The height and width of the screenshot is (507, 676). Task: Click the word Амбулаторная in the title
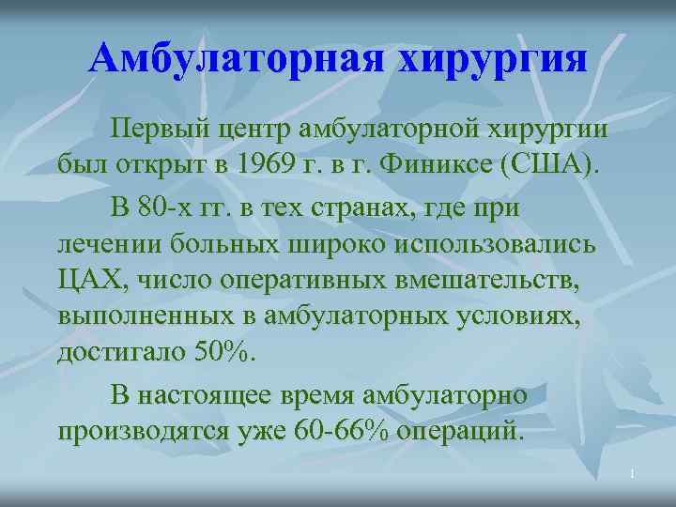[x=237, y=59]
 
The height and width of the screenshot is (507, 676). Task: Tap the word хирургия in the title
[x=493, y=61]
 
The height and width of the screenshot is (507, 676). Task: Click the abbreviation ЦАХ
[x=93, y=281]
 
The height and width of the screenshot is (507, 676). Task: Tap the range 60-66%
[x=340, y=432]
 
